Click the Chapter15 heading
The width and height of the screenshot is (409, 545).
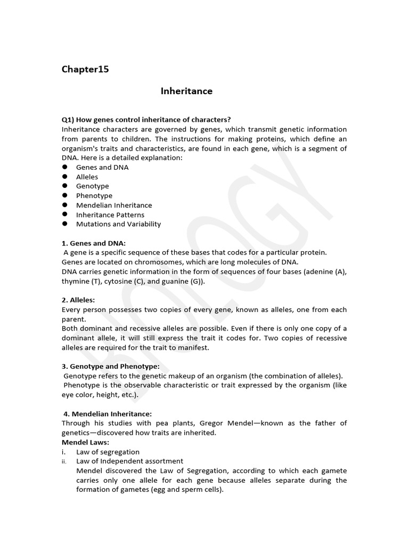point(85,69)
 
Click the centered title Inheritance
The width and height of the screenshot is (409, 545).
point(186,91)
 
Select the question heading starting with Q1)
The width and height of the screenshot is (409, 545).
point(146,120)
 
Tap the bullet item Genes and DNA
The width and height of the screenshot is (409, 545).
point(102,167)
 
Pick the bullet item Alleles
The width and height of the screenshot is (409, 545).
point(87,177)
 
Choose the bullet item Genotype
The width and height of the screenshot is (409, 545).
point(92,186)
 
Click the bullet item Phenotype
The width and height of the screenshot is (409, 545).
point(94,196)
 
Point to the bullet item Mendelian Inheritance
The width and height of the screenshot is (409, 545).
point(114,205)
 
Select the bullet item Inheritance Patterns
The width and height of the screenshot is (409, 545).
point(110,214)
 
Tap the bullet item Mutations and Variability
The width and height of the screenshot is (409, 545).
point(118,224)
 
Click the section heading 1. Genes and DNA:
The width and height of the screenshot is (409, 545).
point(94,243)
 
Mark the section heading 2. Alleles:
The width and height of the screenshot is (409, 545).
point(78,300)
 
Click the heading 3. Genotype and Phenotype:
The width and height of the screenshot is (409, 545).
point(111,366)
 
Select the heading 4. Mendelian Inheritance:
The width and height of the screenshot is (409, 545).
point(108,414)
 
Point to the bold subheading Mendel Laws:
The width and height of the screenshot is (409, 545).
point(85,442)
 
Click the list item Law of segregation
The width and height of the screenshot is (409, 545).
point(108,452)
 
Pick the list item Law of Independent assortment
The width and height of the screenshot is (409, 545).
point(129,461)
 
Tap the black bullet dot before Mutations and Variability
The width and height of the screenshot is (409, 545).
point(64,224)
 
